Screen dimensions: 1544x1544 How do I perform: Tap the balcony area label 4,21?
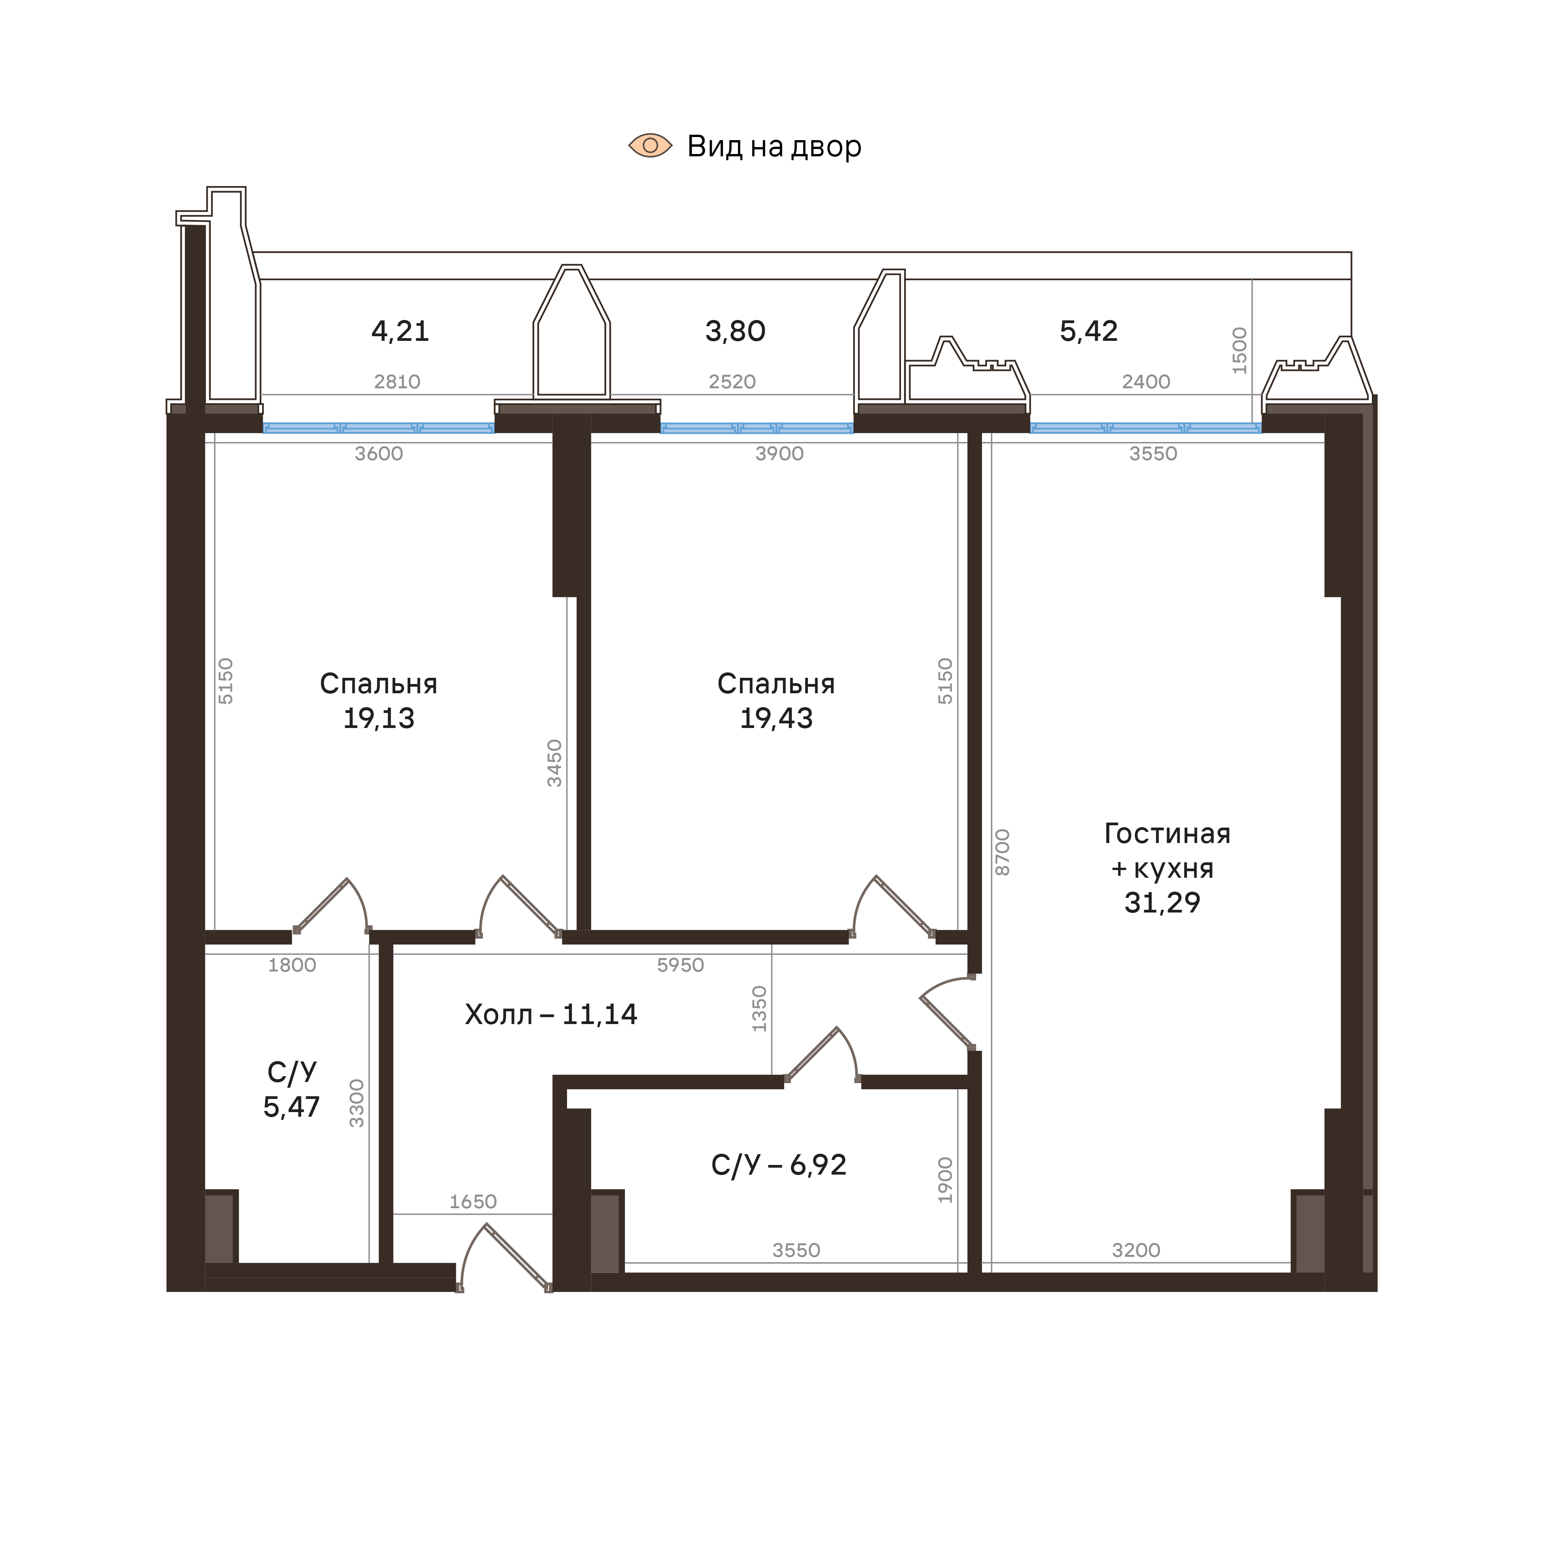click(400, 331)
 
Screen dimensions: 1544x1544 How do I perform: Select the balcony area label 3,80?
click(735, 331)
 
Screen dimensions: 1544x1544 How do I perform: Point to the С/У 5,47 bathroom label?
click(292, 1089)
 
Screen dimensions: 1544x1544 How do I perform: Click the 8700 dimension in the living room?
click(1002, 852)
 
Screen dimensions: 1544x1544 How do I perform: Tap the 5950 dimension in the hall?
click(680, 965)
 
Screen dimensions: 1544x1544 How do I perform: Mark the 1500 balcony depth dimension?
click(1239, 350)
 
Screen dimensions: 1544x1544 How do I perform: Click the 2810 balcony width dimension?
click(397, 382)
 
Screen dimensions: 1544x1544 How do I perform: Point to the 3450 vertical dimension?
click(554, 763)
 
